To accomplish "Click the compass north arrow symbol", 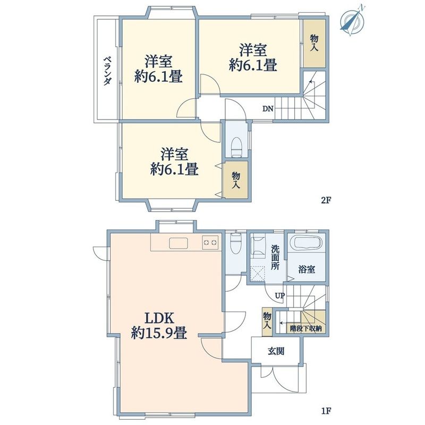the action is tap(352, 20).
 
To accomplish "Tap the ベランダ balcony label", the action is tap(108, 71).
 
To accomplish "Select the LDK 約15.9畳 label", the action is tap(159, 326).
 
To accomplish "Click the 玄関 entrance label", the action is tap(276, 352).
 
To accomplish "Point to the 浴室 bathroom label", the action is tap(307, 269).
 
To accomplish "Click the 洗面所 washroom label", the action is tap(275, 258).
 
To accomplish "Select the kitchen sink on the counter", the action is tap(178, 243).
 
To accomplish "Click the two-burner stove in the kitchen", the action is tap(210, 242).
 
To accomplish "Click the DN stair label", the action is tap(268, 109).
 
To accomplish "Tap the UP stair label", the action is tap(280, 295).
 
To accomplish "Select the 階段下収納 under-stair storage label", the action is tap(306, 329).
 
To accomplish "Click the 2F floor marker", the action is tap(326, 200).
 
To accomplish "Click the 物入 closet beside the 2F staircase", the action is tap(314, 44).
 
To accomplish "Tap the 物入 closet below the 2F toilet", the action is tap(236, 180).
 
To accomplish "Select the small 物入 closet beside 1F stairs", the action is tap(267, 321).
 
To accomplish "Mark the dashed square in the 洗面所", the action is tap(257, 274).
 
